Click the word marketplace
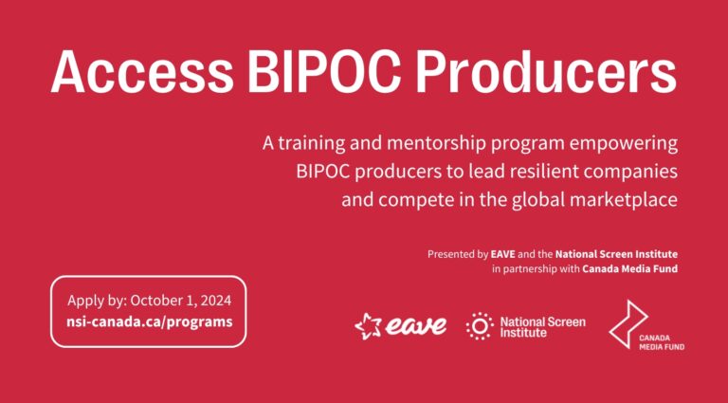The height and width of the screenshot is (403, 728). point(625,202)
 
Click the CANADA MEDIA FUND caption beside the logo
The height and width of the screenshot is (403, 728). point(663,341)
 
